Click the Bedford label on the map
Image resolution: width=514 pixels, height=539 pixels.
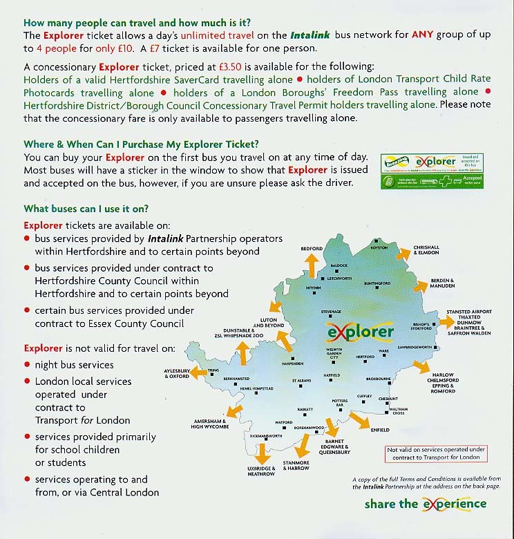[312, 249]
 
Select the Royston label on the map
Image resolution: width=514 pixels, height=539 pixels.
[379, 247]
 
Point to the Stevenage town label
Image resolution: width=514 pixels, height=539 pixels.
[332, 312]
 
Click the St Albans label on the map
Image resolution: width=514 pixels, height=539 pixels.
[303, 381]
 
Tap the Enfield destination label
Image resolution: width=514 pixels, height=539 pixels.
[380, 430]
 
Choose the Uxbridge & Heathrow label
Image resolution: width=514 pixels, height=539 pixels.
[261, 471]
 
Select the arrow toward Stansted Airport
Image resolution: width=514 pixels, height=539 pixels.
[446, 322]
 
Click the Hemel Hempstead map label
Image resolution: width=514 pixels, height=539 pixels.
[256, 389]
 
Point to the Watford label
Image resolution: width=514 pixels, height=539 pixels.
[284, 422]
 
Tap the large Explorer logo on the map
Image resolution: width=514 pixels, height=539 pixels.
[360, 333]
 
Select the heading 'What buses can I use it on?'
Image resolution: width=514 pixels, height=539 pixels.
[86, 209]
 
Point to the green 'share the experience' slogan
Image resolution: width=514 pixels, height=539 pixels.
[426, 503]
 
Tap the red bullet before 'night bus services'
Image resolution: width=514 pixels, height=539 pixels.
[28, 365]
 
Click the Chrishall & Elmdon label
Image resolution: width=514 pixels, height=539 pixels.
[426, 250]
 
